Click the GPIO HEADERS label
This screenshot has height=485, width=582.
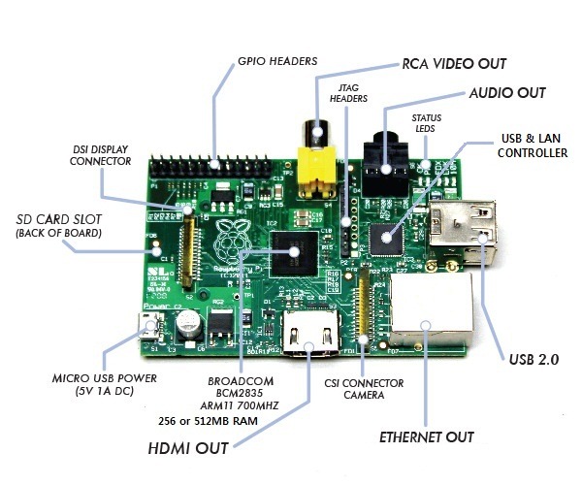coord(276,61)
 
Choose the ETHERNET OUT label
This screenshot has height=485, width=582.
coord(427,437)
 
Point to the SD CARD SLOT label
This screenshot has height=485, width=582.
coord(57,225)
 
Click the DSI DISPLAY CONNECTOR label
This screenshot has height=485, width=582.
coord(101,154)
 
